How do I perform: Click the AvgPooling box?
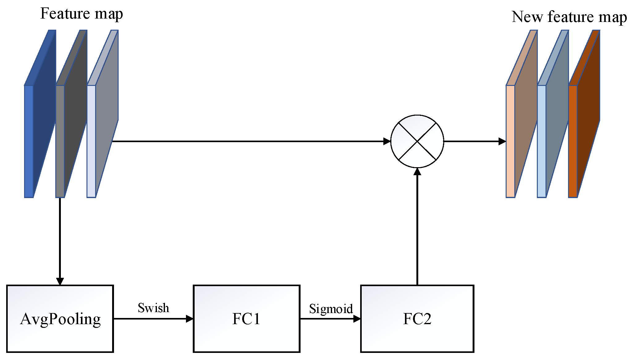click(60, 319)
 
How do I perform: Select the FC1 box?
click(246, 319)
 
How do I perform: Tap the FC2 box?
click(417, 319)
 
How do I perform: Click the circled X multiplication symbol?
click(417, 141)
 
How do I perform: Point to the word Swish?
click(153, 308)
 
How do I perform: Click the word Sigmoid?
click(331, 309)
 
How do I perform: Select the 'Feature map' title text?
click(82, 14)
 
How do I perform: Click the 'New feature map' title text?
click(569, 17)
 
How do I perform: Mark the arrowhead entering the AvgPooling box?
click(60, 281)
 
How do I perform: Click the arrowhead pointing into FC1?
click(189, 319)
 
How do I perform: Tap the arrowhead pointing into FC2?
click(357, 319)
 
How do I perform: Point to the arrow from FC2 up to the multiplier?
click(417, 229)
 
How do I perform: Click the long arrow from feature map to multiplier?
click(247, 141)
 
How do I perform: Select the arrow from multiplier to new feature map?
click(473, 141)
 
